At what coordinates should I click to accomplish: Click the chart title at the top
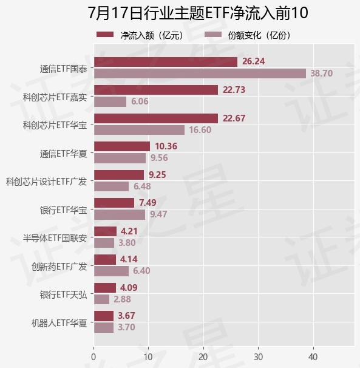tap(197, 13)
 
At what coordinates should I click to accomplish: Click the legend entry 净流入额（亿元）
tap(140, 35)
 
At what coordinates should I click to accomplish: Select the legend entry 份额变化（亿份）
tap(248, 35)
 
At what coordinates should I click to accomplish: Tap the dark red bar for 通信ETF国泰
tap(166, 62)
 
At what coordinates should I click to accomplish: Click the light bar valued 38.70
tap(200, 73)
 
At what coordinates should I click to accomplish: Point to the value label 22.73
tap(234, 90)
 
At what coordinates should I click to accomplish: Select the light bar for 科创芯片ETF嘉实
tap(110, 102)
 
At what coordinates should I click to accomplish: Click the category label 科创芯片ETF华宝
tap(55, 125)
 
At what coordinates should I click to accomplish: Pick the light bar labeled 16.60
tap(139, 130)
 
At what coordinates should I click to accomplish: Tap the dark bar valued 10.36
tap(122, 146)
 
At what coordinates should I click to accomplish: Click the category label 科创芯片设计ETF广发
tap(47, 182)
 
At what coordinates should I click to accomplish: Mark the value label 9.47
tap(158, 214)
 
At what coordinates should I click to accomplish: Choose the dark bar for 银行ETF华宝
tap(114, 203)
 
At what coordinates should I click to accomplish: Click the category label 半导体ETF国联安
tap(55, 238)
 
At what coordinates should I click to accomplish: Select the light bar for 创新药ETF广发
tap(111, 271)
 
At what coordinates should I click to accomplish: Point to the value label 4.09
tap(129, 288)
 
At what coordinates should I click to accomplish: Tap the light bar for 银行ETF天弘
tap(101, 299)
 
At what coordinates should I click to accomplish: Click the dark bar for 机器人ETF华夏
tap(104, 316)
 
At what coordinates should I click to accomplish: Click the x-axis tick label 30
tap(259, 357)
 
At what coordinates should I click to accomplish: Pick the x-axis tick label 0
tap(93, 357)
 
